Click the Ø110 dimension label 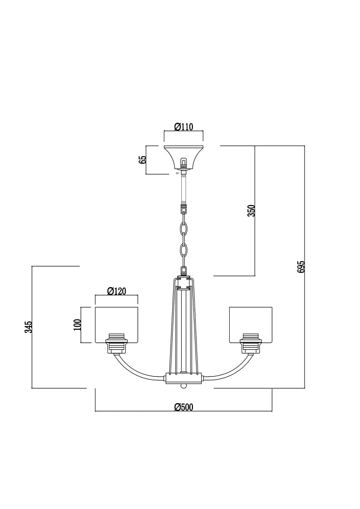(x=184, y=127)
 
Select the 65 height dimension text (x=143, y=160)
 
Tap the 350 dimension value (x=252, y=211)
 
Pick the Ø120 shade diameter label (x=116, y=291)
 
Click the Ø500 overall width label (x=183, y=407)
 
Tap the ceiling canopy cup (x=183, y=158)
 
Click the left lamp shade (x=117, y=324)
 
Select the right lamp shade (x=251, y=324)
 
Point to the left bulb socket (x=117, y=344)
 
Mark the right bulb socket (x=251, y=344)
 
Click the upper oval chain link (x=184, y=229)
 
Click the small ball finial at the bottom (x=184, y=386)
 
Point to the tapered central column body (x=184, y=325)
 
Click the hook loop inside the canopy (x=183, y=162)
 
